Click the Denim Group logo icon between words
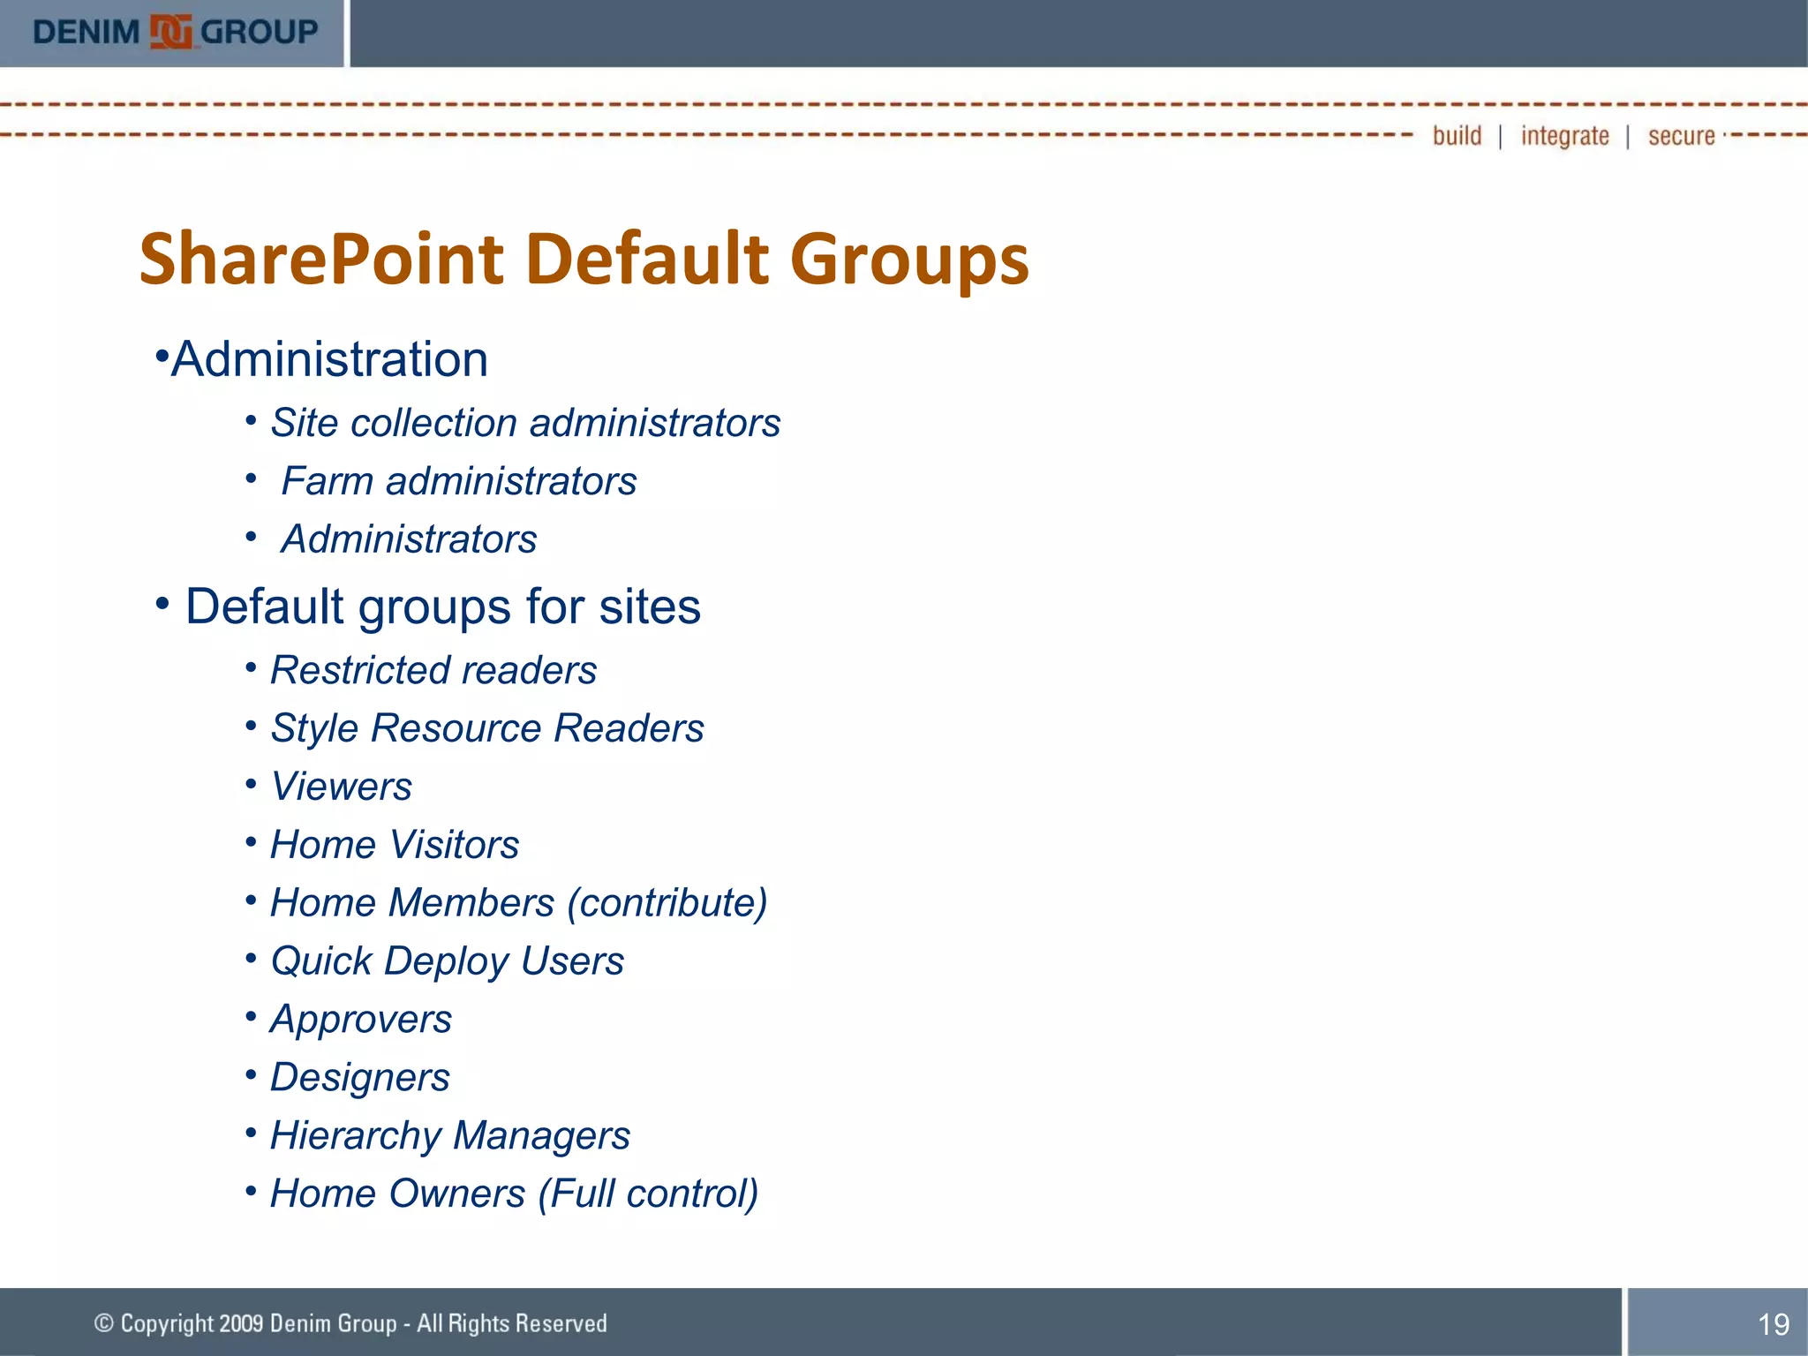[169, 33]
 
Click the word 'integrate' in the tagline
[1564, 136]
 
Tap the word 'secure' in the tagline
[1681, 136]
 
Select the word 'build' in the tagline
[1457, 135]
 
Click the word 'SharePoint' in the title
[322, 260]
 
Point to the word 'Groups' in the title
[909, 260]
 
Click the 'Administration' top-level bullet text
[328, 359]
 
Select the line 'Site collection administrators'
[524, 423]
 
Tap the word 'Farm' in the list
[328, 481]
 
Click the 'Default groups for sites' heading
[442, 606]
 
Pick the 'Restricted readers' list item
[433, 670]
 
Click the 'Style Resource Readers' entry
[486, 728]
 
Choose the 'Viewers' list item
[341, 787]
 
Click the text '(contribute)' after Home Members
[667, 903]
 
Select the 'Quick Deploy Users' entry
[447, 961]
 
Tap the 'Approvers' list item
[360, 1020]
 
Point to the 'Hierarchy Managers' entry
[449, 1136]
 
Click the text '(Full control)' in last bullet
[648, 1194]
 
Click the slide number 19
[1773, 1323]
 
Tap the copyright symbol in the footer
[104, 1322]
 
